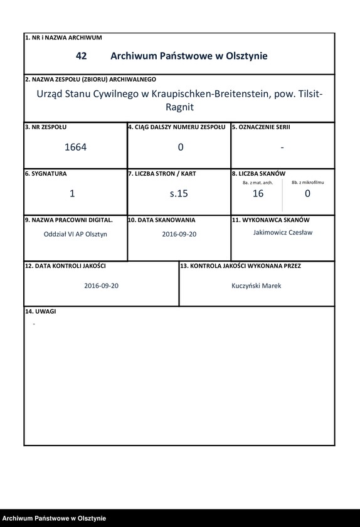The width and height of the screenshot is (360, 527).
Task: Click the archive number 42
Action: pyautogui.click(x=81, y=56)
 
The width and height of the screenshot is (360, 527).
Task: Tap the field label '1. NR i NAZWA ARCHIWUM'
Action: pyautogui.click(x=63, y=38)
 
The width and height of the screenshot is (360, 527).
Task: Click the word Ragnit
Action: pyautogui.click(x=179, y=107)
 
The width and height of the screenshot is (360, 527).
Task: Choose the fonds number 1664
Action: pyautogui.click(x=75, y=147)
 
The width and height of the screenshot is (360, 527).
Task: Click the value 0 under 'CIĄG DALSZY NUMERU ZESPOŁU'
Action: pyautogui.click(x=181, y=147)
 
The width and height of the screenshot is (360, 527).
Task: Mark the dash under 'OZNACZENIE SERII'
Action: pyautogui.click(x=282, y=147)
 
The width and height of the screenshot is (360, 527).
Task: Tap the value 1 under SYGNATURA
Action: pyautogui.click(x=72, y=194)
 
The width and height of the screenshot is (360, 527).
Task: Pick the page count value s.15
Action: pyautogui.click(x=179, y=194)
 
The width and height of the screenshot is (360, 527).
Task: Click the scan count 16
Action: pyautogui.click(x=258, y=194)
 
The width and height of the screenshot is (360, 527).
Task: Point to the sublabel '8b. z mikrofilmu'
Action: pyautogui.click(x=308, y=182)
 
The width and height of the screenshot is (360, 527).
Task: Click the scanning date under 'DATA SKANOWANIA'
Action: pyautogui.click(x=179, y=234)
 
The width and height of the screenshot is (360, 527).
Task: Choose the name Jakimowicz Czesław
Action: pyautogui.click(x=282, y=232)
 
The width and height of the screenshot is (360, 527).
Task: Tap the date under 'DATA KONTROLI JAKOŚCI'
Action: pyautogui.click(x=102, y=285)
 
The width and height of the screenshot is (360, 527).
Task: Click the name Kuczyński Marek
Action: pyautogui.click(x=257, y=285)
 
